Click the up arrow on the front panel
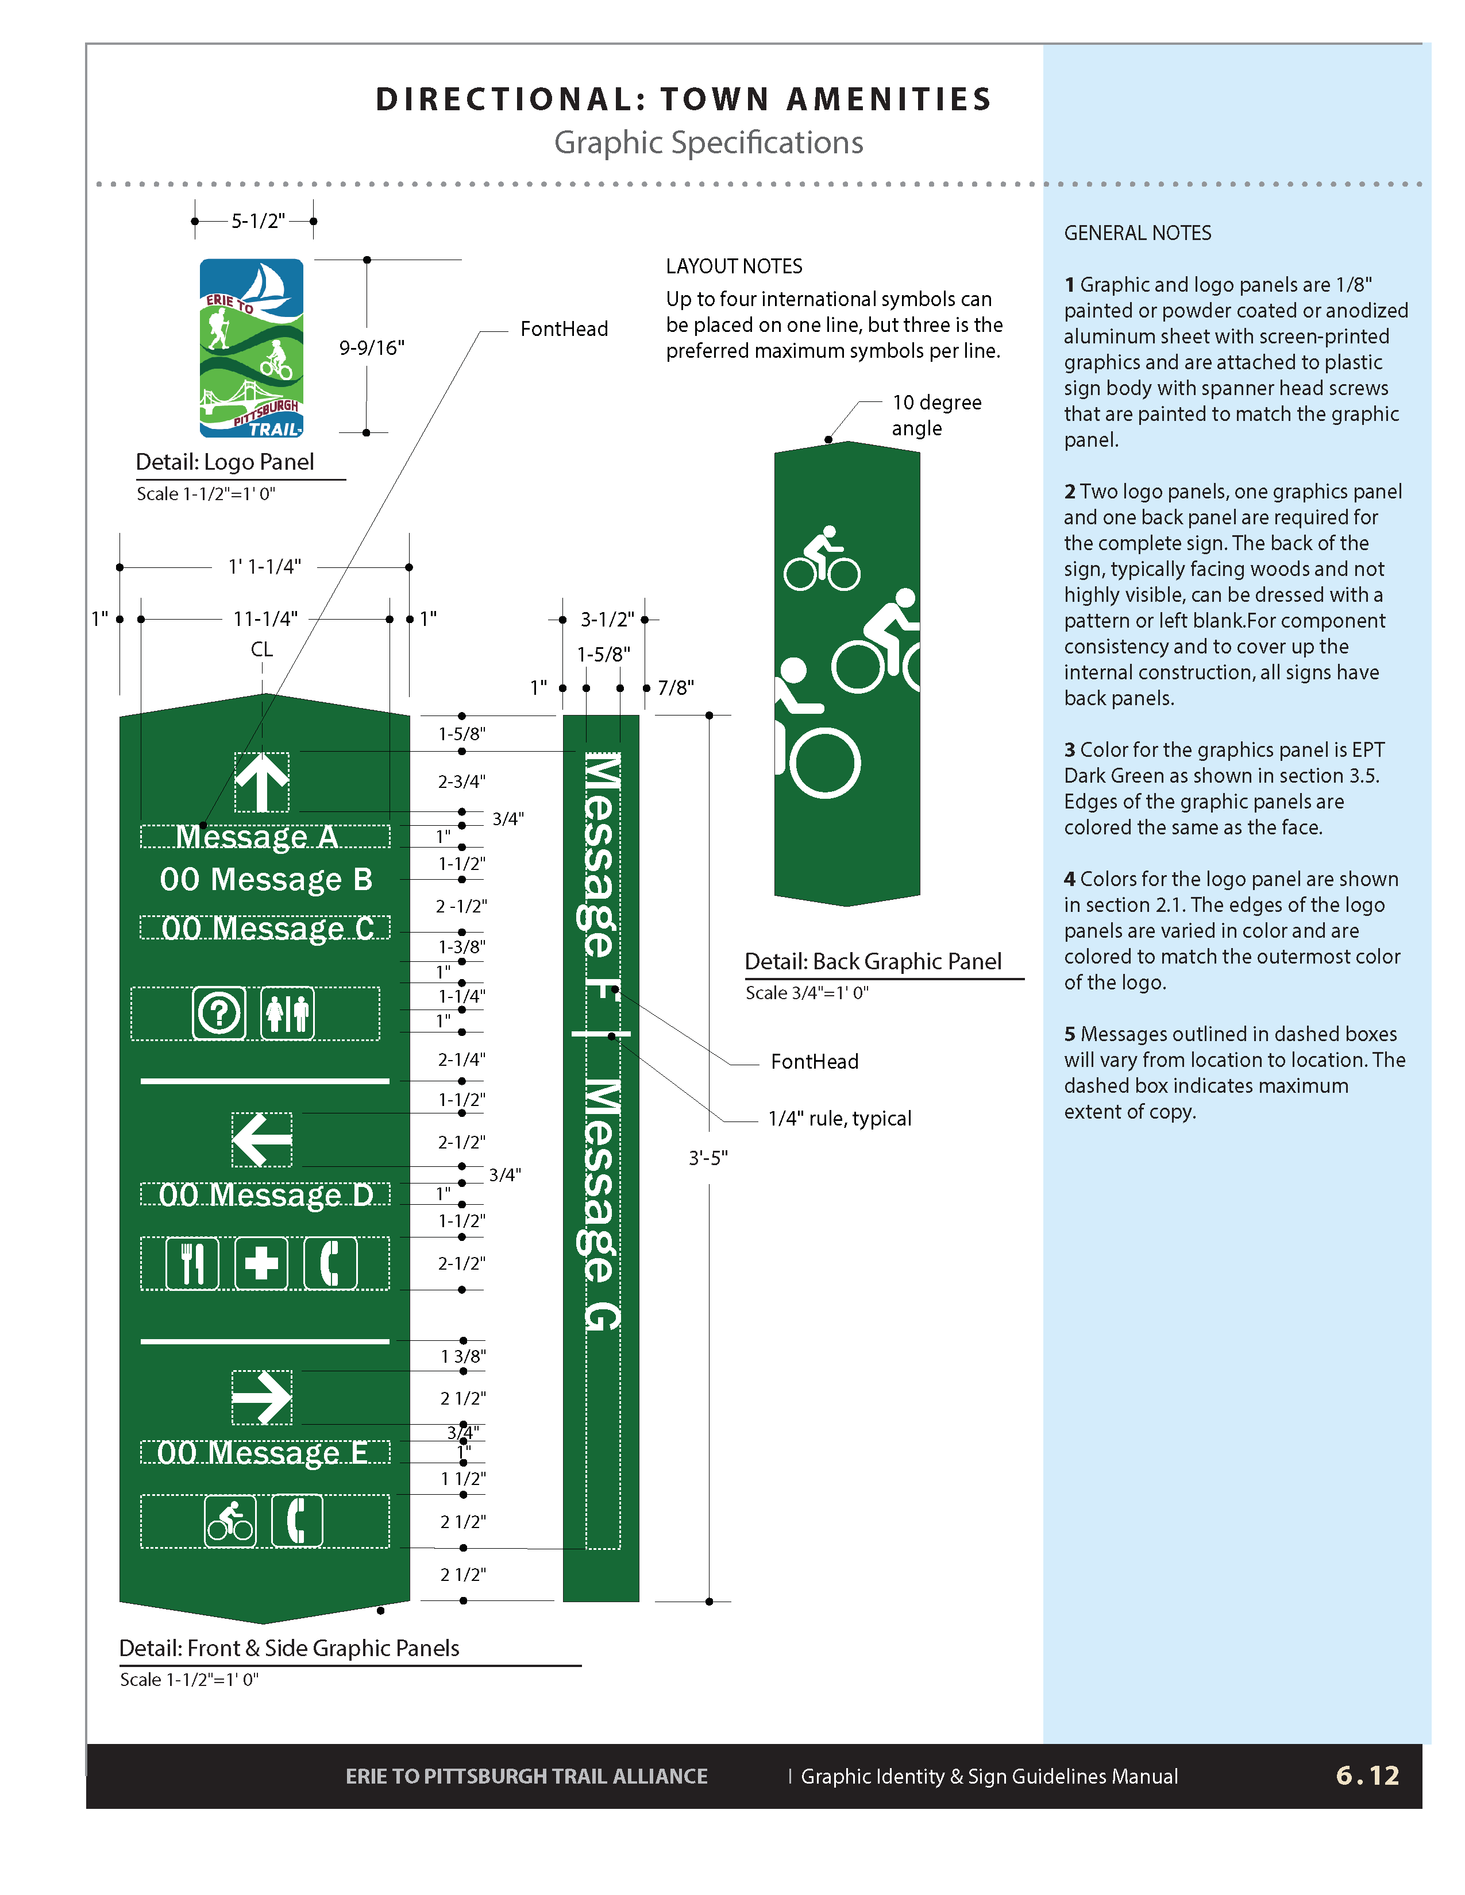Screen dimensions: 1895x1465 pyautogui.click(x=262, y=782)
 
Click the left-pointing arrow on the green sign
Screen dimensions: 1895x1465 pyautogui.click(x=262, y=1139)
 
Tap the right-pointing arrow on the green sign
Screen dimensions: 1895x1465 pyautogui.click(x=262, y=1397)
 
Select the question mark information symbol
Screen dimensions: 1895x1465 pyautogui.click(x=219, y=1012)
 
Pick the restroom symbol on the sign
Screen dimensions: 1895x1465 pyautogui.click(x=287, y=1012)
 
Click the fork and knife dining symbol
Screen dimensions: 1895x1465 pyautogui.click(x=192, y=1263)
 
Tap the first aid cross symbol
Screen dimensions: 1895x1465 pyautogui.click(x=261, y=1263)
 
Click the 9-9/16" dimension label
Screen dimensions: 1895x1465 pyautogui.click(x=372, y=348)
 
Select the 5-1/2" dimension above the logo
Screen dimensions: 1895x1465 pyautogui.click(x=258, y=221)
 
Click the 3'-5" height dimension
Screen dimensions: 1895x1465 pyautogui.click(x=708, y=1158)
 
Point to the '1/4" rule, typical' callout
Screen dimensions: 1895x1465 pyautogui.click(x=839, y=1119)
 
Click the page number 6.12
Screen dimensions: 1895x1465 pyautogui.click(x=1367, y=1775)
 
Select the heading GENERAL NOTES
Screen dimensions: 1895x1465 pyautogui.click(x=1137, y=233)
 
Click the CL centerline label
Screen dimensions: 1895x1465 pyautogui.click(x=261, y=649)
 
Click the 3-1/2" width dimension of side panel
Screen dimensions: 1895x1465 pyautogui.click(x=607, y=620)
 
